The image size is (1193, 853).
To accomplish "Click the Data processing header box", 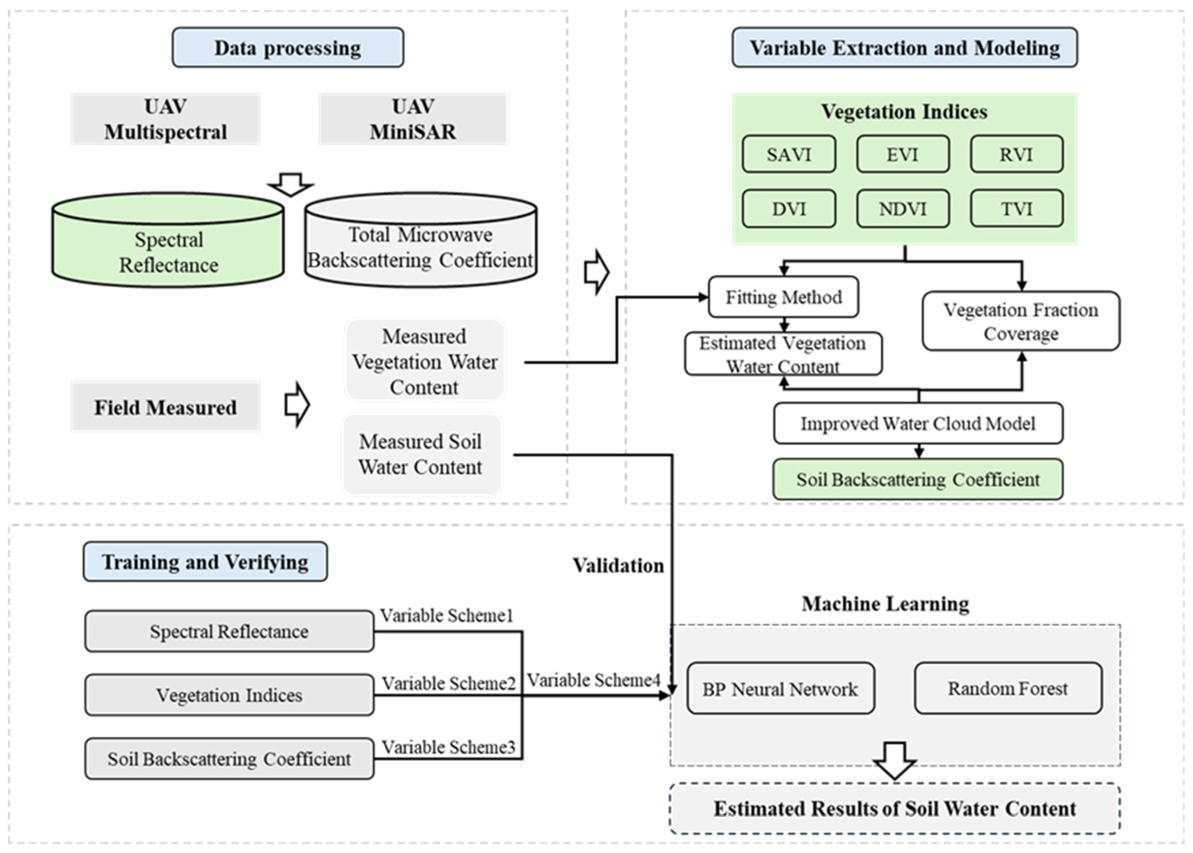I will (288, 48).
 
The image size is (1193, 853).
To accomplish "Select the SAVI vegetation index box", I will (789, 155).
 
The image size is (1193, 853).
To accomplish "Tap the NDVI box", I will (903, 209).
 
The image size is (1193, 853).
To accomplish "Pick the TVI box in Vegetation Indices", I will (1017, 209).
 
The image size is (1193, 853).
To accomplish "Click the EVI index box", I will (903, 155).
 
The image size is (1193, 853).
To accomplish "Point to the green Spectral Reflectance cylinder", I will (168, 247).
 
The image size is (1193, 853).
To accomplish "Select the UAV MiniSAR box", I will (413, 119).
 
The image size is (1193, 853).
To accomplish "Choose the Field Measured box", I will (165, 407).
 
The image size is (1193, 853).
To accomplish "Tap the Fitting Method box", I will (783, 297).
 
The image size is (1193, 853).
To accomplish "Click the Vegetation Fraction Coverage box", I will (1021, 321).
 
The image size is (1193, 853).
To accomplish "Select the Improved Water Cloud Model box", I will (918, 423).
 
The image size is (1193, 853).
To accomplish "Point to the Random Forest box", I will (1007, 688).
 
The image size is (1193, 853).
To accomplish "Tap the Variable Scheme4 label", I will (594, 680).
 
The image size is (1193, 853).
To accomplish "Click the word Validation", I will (618, 566).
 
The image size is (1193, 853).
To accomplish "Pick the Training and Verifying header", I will (205, 562).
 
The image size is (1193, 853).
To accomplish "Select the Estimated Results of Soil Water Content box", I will (895, 809).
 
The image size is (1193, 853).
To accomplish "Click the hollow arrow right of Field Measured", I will (297, 404).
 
